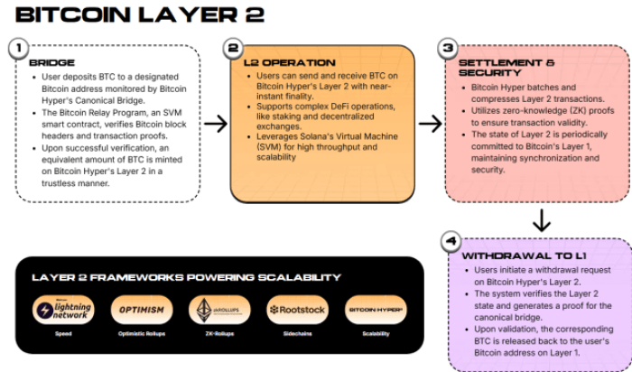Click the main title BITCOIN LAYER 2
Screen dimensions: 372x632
[141, 15]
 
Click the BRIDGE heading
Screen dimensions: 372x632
[52, 63]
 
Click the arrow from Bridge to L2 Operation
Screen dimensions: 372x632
[214, 124]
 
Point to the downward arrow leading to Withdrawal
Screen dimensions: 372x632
[541, 219]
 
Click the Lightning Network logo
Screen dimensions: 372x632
[61, 310]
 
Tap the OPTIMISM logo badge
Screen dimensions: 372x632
[141, 310]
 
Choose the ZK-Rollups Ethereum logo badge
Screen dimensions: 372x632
[219, 310]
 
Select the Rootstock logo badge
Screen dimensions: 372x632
[297, 310]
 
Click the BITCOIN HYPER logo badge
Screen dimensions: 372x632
[376, 310]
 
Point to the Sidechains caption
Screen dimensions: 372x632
[297, 334]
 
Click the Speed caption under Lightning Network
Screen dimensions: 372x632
[61, 334]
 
